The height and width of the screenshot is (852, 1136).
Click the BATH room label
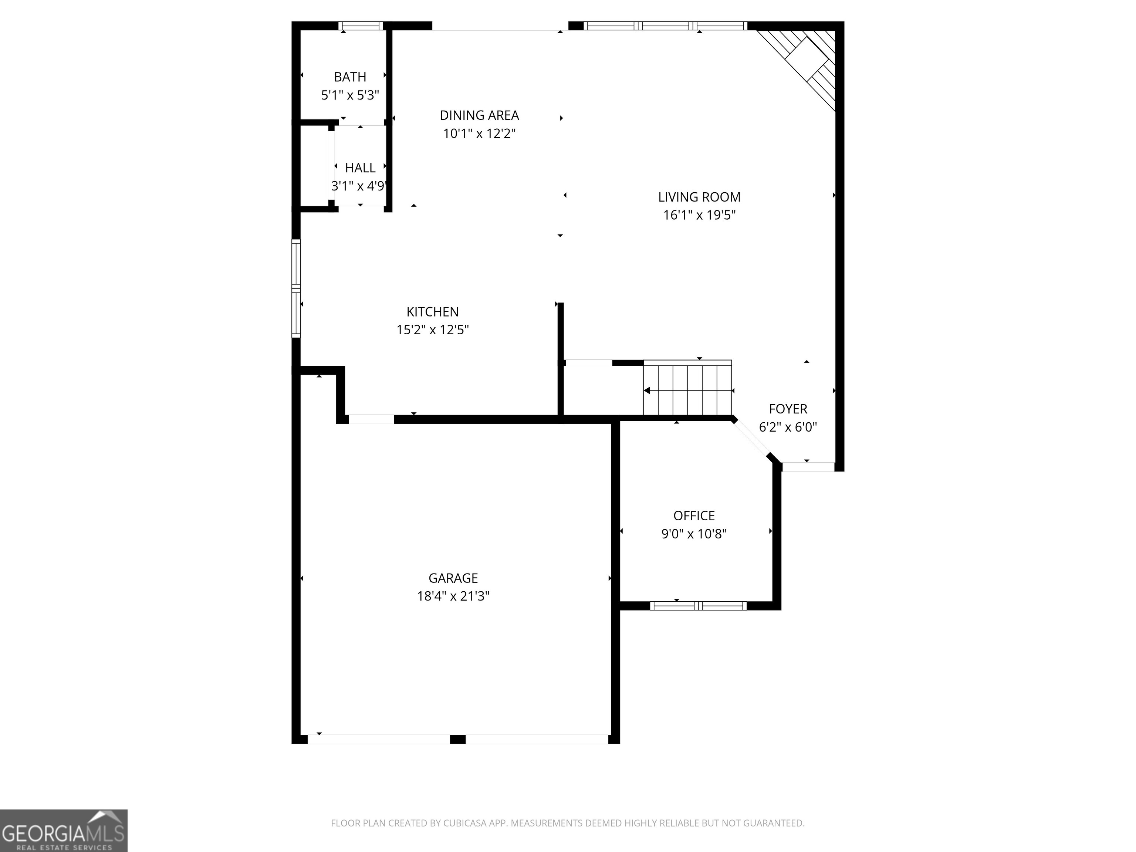[350, 77]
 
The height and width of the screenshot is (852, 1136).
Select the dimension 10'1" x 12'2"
[479, 133]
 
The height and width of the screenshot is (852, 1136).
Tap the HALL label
[360, 168]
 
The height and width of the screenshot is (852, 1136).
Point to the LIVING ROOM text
[699, 197]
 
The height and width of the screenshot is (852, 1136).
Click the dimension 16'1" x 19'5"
[699, 215]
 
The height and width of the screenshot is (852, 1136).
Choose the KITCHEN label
[432, 312]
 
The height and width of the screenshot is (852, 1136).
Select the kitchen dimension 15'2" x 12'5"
[432, 330]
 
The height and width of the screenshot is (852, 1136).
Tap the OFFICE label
[694, 515]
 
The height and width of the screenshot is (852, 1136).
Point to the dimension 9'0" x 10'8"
[694, 534]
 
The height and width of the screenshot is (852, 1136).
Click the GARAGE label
[453, 578]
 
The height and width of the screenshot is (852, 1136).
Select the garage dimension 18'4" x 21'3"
[453, 596]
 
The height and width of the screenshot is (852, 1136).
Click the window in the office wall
[698, 606]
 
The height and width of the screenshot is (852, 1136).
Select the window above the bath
[361, 26]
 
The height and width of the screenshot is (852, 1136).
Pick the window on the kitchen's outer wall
[296, 288]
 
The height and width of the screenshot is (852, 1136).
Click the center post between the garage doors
[457, 740]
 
